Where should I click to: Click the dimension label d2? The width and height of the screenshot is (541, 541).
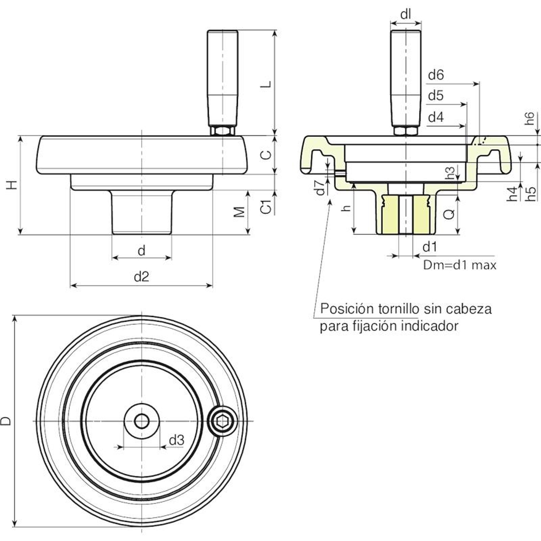(141, 277)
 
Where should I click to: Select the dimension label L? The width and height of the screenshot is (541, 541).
(266, 84)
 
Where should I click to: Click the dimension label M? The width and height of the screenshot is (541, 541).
(239, 212)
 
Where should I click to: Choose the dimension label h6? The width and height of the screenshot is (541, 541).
(530, 118)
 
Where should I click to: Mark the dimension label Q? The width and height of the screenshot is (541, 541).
(449, 214)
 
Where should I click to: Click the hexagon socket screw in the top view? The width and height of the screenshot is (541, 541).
(222, 421)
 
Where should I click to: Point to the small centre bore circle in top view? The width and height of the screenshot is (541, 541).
(141, 421)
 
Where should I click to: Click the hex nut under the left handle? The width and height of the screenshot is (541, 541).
(222, 131)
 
